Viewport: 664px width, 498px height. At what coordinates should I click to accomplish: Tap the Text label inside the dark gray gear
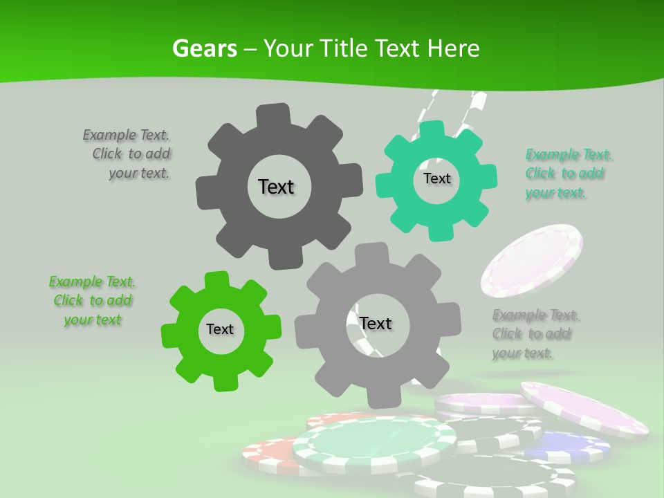click(276, 187)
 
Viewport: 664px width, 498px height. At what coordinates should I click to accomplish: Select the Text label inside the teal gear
click(436, 178)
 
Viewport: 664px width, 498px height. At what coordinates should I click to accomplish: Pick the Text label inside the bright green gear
click(220, 329)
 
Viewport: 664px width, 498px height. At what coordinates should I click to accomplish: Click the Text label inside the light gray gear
click(376, 323)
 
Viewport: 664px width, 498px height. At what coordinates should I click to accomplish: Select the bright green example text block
click(92, 301)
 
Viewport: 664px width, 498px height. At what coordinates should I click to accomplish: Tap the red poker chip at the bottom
click(266, 453)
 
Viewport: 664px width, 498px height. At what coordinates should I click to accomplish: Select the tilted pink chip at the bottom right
click(584, 408)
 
